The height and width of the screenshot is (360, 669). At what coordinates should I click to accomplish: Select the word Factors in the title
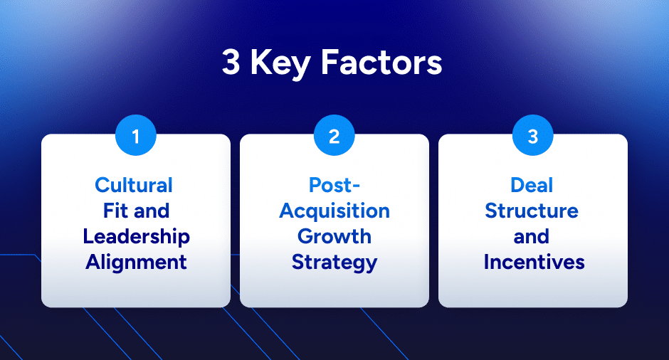pos(381,63)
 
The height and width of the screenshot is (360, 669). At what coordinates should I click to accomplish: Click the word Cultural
pos(134,185)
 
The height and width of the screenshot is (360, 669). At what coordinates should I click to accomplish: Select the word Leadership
pos(136,236)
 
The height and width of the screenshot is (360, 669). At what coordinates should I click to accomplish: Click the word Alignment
pos(136,262)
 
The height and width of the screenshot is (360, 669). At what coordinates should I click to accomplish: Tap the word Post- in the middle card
pos(334,185)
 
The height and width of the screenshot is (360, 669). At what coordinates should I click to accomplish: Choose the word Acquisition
pos(334,211)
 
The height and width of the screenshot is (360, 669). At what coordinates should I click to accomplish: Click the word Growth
pos(334,236)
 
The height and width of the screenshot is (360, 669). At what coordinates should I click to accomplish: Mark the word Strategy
pos(334,262)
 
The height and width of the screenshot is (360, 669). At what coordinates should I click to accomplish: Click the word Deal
pos(532,185)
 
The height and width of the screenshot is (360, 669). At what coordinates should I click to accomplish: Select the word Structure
pos(532,211)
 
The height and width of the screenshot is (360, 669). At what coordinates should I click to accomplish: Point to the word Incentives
pos(534,262)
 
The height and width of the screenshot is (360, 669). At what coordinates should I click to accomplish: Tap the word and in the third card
pos(532,236)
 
